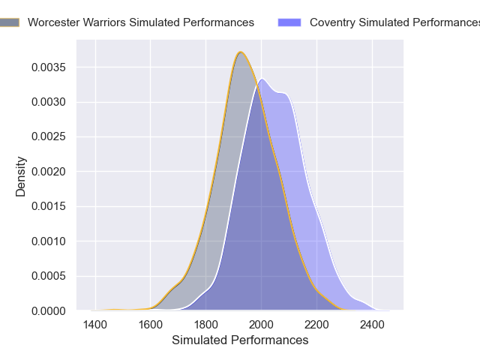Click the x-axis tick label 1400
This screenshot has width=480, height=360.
pos(94,325)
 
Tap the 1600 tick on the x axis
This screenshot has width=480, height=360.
pos(150,325)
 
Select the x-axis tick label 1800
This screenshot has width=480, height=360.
pos(205,325)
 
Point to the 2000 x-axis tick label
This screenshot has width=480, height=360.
pos(261,325)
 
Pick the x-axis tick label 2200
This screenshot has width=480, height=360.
pos(316,325)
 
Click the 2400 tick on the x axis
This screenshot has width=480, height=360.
pos(372,325)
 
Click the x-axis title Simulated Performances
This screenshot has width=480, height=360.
pos(240,340)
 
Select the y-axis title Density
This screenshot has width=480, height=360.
pos(21,176)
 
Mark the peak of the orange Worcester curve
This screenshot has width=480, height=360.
pos(240,52)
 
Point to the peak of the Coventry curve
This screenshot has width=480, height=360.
pos(262,79)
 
